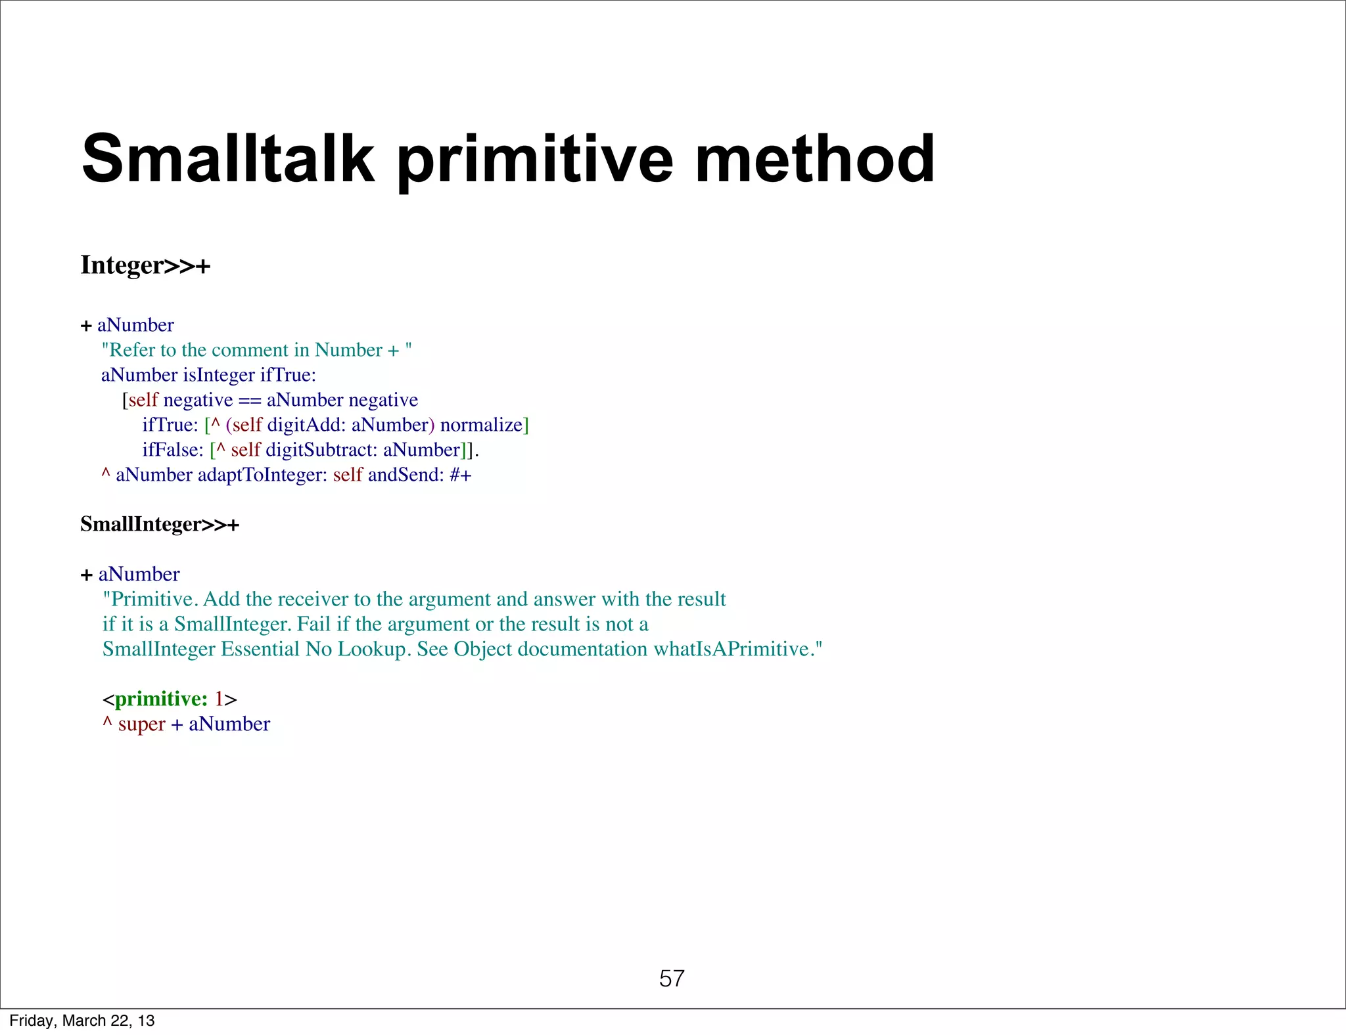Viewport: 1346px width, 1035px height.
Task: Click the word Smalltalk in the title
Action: (x=227, y=159)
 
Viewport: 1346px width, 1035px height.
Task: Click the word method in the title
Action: (x=814, y=159)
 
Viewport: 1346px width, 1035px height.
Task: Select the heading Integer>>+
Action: (x=145, y=265)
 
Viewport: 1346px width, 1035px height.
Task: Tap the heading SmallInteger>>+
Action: (x=160, y=524)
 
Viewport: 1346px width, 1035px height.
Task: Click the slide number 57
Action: (x=672, y=979)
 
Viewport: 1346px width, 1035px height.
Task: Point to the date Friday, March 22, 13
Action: (x=82, y=1021)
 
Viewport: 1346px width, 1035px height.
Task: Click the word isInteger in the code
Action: (x=219, y=375)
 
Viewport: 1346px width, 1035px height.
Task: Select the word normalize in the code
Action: (x=480, y=425)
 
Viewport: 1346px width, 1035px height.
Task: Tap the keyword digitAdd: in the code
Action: (x=306, y=425)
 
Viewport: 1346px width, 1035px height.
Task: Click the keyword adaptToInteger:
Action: (x=262, y=475)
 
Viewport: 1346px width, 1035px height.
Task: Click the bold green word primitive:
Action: (x=161, y=699)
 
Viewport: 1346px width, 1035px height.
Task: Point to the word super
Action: (x=141, y=724)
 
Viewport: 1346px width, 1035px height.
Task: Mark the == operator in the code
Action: (x=250, y=401)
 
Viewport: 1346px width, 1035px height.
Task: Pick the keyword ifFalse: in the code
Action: (x=173, y=450)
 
